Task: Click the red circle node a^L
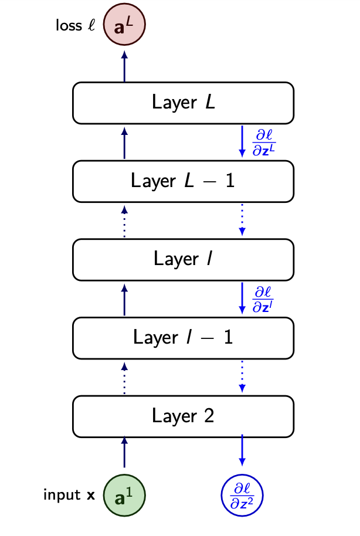click(x=124, y=26)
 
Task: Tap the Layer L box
click(x=182, y=103)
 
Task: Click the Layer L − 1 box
click(x=182, y=181)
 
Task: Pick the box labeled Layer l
click(x=182, y=259)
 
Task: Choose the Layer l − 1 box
click(x=182, y=338)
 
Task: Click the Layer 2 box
click(x=182, y=416)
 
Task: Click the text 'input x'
click(x=69, y=496)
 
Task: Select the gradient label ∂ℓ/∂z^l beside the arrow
click(x=263, y=299)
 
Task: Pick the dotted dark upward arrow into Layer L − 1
click(x=124, y=221)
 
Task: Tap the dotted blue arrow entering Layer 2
click(x=242, y=378)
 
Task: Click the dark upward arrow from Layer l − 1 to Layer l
click(x=124, y=299)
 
